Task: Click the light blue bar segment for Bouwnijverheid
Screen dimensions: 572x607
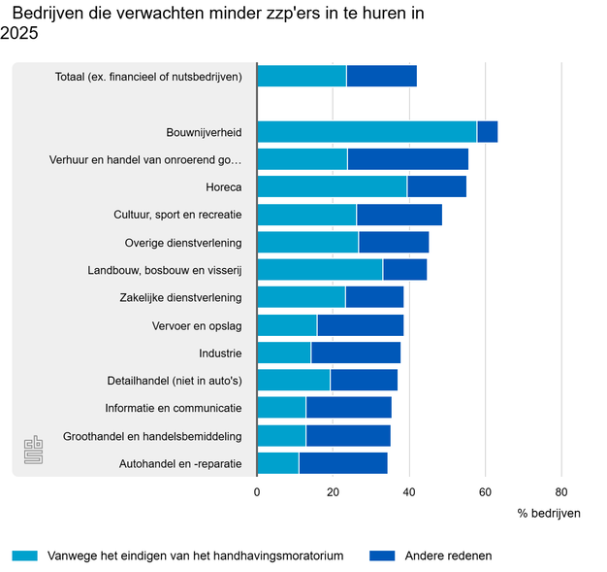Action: pos(367,132)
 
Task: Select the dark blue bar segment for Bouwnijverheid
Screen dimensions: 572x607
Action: pos(488,132)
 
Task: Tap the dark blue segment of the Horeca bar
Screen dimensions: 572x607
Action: pos(436,187)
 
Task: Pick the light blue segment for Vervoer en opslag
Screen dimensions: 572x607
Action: pos(287,325)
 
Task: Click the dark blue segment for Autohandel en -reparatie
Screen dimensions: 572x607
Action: pos(343,463)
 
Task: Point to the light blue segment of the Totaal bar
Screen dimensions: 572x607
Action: pos(302,76)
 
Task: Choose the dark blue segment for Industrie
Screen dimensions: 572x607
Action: pos(356,353)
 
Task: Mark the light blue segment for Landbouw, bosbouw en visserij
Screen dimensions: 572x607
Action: pos(320,270)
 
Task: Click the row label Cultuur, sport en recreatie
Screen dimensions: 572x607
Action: pos(177,215)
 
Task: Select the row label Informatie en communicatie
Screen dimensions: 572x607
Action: pos(174,408)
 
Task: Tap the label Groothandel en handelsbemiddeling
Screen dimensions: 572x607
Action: pos(152,436)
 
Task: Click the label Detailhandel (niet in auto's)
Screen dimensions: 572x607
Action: pos(175,381)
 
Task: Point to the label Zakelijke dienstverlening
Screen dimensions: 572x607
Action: pos(180,297)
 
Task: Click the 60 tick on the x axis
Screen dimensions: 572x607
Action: pos(485,491)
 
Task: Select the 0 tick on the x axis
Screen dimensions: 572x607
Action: pos(257,491)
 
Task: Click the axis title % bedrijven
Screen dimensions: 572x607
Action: pos(549,513)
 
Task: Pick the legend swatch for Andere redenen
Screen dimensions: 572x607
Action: pos(382,556)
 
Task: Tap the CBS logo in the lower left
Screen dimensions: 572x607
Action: pos(33,451)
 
